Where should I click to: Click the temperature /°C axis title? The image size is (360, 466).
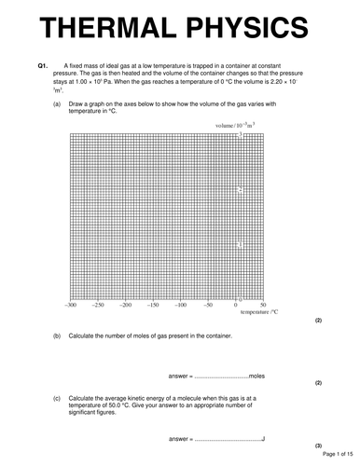[260, 314]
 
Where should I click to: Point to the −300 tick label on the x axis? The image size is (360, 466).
[71, 305]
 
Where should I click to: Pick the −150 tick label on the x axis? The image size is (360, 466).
[154, 305]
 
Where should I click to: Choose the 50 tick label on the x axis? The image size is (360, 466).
[263, 305]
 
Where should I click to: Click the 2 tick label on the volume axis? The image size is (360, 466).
[240, 189]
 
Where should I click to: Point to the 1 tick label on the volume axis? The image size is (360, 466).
[240, 244]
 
